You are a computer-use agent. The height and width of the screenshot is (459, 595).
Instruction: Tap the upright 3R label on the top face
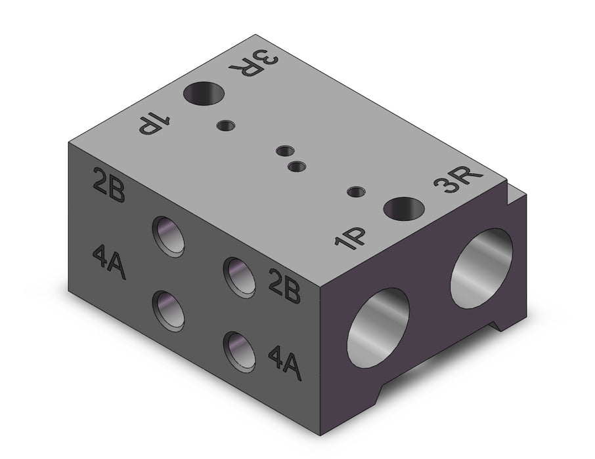coord(458,180)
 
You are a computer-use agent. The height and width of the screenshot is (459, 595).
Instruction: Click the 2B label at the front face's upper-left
coord(108,186)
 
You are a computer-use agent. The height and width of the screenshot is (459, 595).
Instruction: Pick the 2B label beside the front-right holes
coord(284,285)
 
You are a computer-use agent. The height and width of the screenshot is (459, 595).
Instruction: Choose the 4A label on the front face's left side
coord(109,262)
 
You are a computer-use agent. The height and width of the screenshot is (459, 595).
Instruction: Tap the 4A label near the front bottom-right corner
coord(285,363)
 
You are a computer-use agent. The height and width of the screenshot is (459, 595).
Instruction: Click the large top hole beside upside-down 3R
coord(204,93)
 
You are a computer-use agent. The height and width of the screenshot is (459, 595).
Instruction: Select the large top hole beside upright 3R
coord(403,209)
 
